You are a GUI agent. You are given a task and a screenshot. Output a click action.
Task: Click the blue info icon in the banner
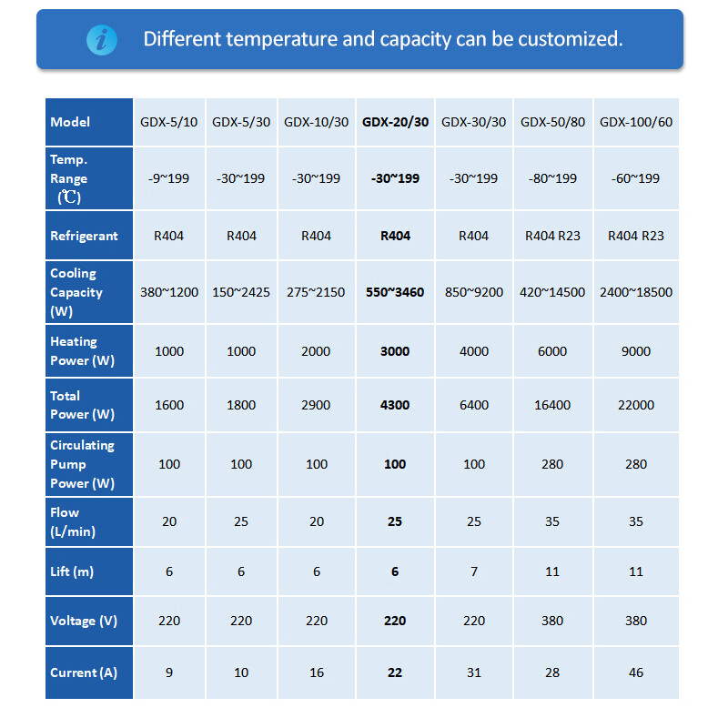click(101, 39)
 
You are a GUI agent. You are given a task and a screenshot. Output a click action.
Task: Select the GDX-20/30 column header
click(395, 122)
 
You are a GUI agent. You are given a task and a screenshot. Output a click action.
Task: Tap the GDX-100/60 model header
click(636, 122)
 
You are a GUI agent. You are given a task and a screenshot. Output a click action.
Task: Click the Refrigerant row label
click(84, 236)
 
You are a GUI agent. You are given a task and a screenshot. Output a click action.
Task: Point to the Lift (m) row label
click(72, 571)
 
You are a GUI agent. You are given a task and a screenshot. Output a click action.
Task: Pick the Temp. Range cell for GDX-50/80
click(552, 178)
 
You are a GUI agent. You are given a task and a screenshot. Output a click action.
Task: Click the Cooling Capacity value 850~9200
click(474, 293)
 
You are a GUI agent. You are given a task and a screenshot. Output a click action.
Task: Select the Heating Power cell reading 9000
click(636, 351)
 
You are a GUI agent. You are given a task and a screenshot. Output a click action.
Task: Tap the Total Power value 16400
click(552, 405)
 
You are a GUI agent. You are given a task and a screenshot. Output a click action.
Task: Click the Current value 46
click(636, 672)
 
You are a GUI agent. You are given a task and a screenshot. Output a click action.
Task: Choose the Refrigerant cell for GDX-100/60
click(636, 236)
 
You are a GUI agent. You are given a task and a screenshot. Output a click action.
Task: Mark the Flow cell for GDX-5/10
click(168, 521)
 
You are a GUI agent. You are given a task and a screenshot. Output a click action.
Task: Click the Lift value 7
click(474, 571)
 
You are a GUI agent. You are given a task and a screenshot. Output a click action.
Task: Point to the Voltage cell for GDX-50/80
click(552, 621)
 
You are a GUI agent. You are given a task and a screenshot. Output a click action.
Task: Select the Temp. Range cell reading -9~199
click(168, 178)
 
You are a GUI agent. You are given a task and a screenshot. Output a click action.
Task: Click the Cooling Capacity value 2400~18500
click(636, 293)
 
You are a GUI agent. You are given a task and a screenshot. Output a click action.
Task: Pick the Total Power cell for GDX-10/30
click(316, 405)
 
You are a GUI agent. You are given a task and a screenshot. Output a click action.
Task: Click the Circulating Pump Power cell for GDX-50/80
click(552, 464)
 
